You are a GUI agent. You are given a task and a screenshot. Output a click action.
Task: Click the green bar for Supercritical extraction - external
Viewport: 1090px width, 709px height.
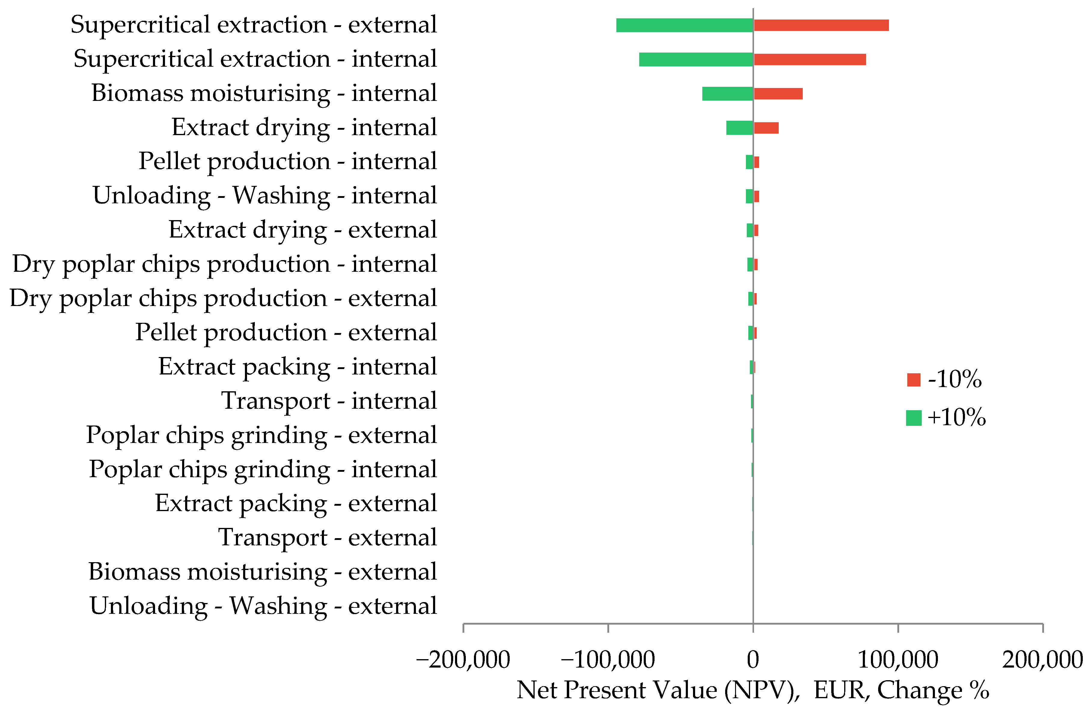[x=684, y=25]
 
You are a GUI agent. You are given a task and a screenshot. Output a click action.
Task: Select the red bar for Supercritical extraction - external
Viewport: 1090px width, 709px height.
[x=821, y=25]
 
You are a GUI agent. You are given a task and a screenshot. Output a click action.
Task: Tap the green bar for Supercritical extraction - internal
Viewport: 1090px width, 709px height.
[x=696, y=59]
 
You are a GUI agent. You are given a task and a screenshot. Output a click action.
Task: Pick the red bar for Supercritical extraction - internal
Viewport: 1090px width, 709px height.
[x=809, y=59]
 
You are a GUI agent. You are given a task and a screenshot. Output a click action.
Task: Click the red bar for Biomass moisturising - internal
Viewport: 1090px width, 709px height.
[x=778, y=93]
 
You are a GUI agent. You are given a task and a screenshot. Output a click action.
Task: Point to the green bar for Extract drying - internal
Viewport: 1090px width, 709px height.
[x=739, y=128]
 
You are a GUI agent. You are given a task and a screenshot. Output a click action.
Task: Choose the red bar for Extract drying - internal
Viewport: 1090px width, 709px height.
[x=766, y=128]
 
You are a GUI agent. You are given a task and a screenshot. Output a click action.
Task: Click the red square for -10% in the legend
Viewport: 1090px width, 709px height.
[x=913, y=380]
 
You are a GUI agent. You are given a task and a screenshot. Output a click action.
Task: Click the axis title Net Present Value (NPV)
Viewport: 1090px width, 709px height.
[x=753, y=690]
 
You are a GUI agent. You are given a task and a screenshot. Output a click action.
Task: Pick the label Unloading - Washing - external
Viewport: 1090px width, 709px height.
[x=263, y=606]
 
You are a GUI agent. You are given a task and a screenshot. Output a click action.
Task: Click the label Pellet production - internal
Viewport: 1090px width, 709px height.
[x=288, y=162]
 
